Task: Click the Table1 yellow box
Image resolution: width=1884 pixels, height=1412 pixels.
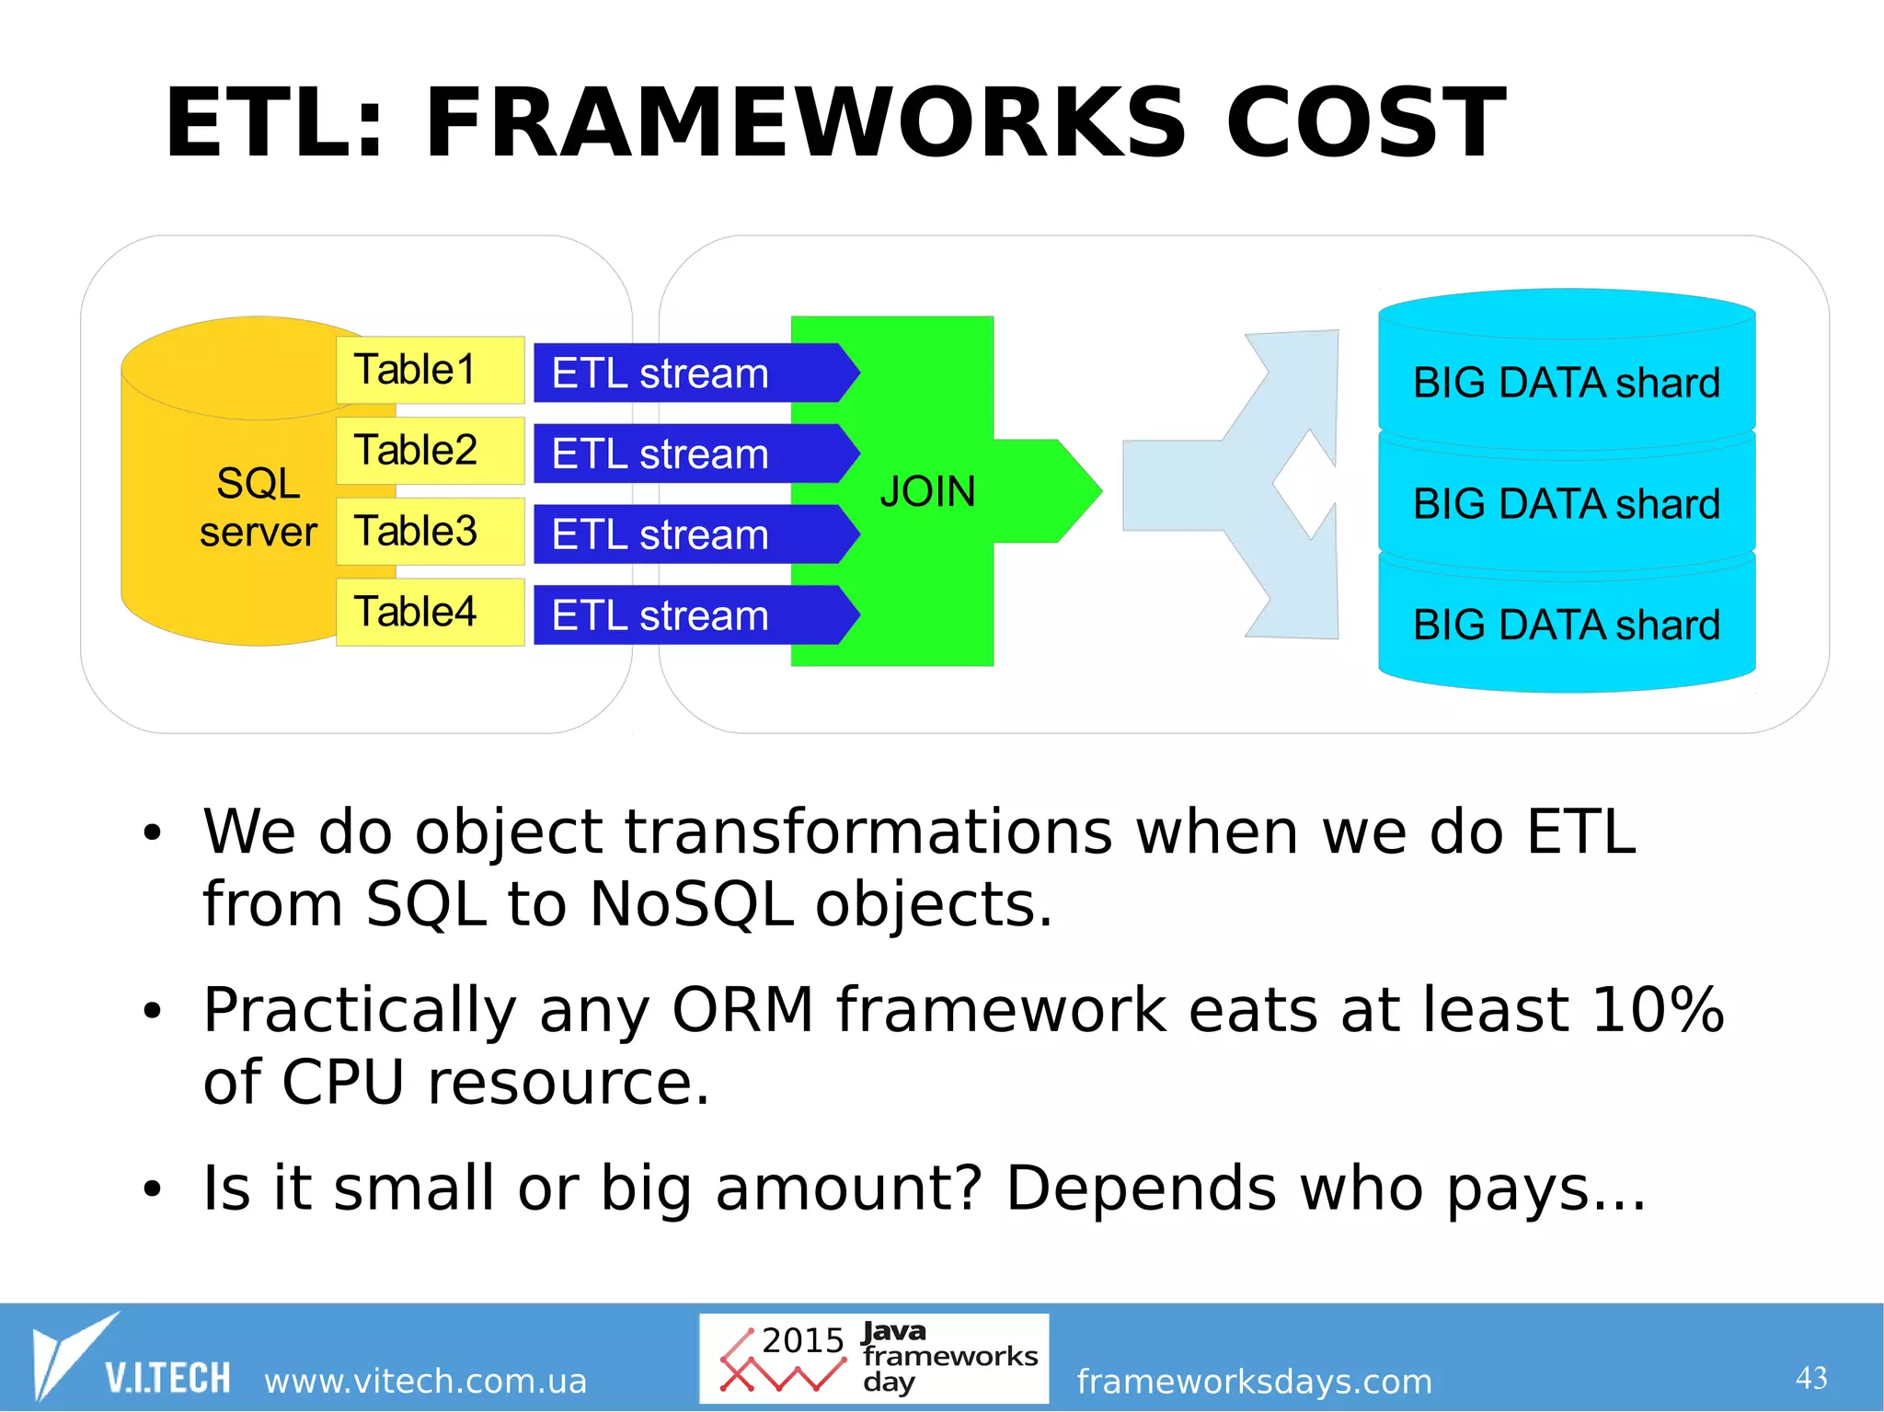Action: [430, 370]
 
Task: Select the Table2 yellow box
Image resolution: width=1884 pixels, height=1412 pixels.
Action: [430, 451]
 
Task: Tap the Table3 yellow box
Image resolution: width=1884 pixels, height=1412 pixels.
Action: [430, 532]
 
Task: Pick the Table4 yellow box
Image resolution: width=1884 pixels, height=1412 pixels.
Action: [430, 613]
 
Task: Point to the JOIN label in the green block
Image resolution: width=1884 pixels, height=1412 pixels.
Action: [927, 491]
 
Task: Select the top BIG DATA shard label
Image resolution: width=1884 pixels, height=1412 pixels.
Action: [1566, 383]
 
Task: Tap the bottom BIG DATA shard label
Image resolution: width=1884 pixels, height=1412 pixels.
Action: [1566, 626]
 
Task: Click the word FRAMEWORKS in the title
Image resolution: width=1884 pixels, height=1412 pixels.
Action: [805, 123]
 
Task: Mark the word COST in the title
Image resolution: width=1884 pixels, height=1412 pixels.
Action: [1365, 123]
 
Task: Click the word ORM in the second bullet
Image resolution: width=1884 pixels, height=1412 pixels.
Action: [742, 1010]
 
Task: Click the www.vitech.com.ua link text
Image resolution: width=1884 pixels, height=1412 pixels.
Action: [425, 1381]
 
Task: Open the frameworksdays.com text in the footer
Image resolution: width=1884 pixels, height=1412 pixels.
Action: [1254, 1381]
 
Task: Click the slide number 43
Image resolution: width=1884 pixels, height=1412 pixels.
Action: [1810, 1378]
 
